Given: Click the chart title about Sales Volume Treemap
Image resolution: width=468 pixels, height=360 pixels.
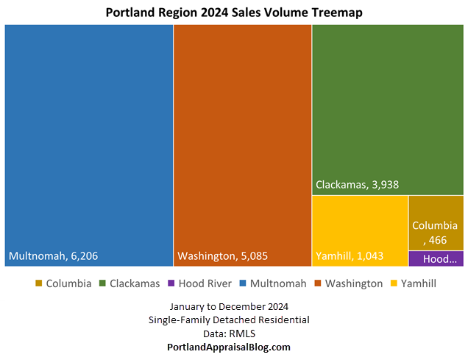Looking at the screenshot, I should [x=234, y=13].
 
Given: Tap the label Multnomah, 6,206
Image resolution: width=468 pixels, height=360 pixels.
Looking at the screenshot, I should [x=53, y=257].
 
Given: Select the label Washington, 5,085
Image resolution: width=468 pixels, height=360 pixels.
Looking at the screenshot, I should [x=222, y=257].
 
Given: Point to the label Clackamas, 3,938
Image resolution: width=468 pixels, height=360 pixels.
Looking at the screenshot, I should [x=357, y=185].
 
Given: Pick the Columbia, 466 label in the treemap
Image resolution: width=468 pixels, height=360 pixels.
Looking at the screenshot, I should [x=435, y=232].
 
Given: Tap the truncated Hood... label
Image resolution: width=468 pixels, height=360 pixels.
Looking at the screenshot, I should [x=439, y=258].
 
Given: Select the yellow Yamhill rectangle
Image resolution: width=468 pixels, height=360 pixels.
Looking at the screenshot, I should [x=360, y=221].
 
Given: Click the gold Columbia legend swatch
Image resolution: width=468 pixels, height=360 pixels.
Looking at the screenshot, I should [x=38, y=283].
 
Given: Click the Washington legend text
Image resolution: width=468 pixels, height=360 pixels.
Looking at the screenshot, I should [x=354, y=283].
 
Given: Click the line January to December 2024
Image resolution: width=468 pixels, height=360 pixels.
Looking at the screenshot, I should [x=233, y=306].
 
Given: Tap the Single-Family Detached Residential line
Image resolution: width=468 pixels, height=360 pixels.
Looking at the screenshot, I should [x=233, y=320].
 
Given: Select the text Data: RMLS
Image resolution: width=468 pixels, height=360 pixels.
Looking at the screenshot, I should [x=233, y=333].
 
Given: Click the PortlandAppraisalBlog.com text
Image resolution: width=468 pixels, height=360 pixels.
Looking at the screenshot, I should [x=233, y=347].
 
